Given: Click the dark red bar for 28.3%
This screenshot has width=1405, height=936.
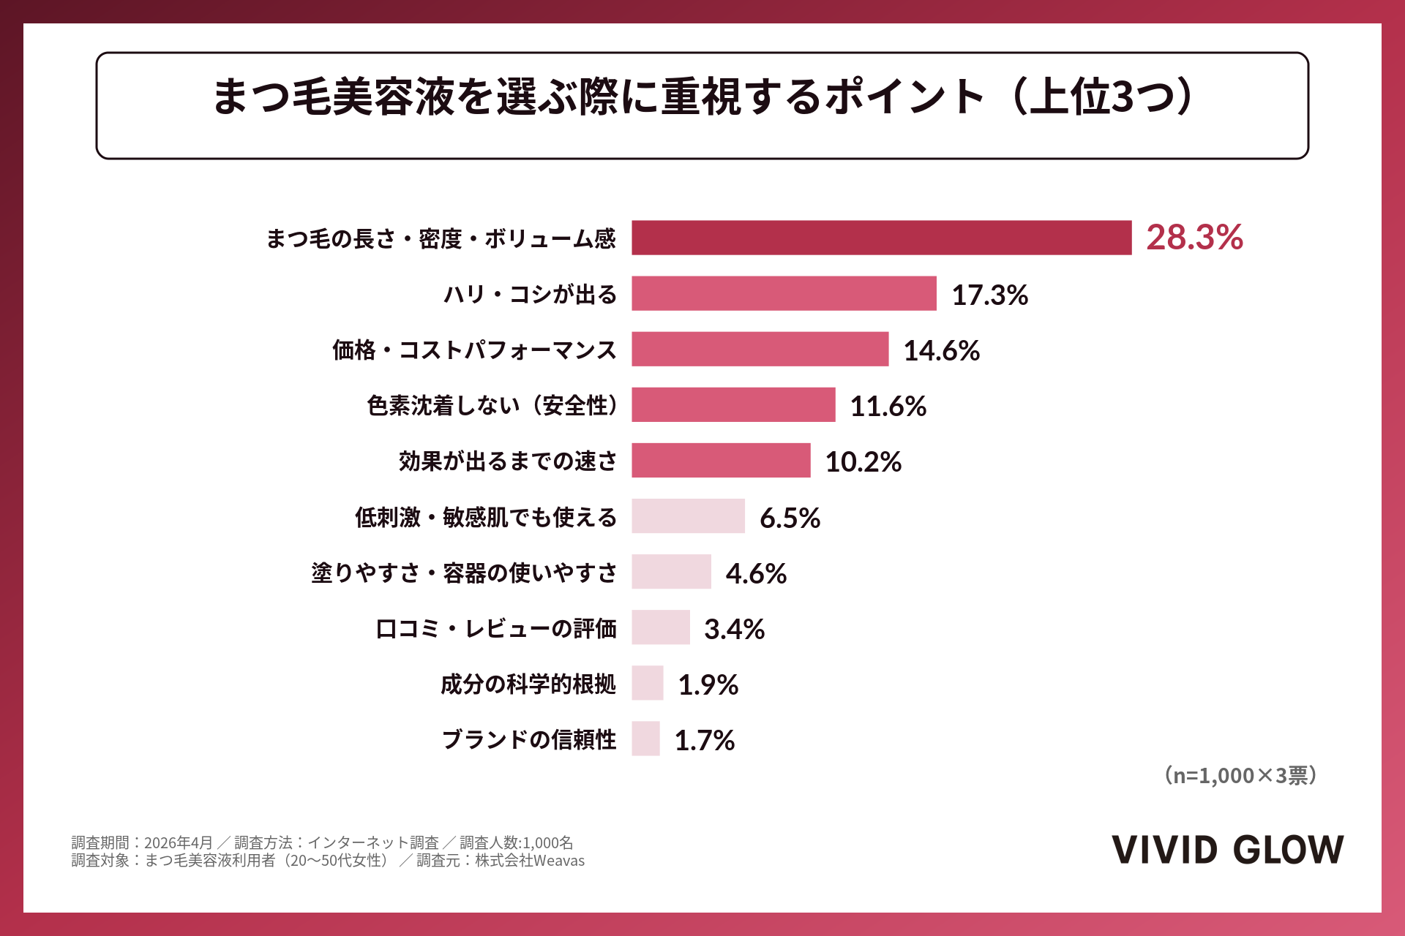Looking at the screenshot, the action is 882,238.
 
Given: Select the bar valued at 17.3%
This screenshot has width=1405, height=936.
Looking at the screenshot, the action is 784,293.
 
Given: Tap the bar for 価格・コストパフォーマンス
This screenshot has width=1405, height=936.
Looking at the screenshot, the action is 760,349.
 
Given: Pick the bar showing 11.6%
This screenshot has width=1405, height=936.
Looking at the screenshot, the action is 734,404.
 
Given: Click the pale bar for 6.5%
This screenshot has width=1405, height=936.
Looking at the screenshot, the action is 689,516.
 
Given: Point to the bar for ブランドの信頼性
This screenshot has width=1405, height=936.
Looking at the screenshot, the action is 646,739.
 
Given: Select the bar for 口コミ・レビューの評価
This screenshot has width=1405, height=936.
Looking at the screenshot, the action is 661,627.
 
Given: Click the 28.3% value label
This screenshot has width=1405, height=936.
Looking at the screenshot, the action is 1194,238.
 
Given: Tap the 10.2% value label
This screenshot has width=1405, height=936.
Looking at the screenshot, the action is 863,461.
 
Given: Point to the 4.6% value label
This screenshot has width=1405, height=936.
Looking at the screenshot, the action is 756,573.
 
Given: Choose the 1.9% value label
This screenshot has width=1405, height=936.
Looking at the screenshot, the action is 708,684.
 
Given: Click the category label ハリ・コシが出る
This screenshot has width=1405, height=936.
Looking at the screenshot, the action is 531,294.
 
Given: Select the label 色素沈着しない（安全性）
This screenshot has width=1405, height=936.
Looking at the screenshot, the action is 492,405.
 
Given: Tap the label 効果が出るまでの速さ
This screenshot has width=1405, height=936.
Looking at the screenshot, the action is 508,461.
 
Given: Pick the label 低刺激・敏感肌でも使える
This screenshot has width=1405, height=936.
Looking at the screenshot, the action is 486,517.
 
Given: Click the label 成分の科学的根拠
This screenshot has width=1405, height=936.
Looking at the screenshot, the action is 528,684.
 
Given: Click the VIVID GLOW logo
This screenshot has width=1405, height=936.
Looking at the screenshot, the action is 1228,850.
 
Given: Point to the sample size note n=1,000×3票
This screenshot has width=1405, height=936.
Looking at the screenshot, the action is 1241,775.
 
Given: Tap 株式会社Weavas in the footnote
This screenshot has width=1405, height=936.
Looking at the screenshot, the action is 530,861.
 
